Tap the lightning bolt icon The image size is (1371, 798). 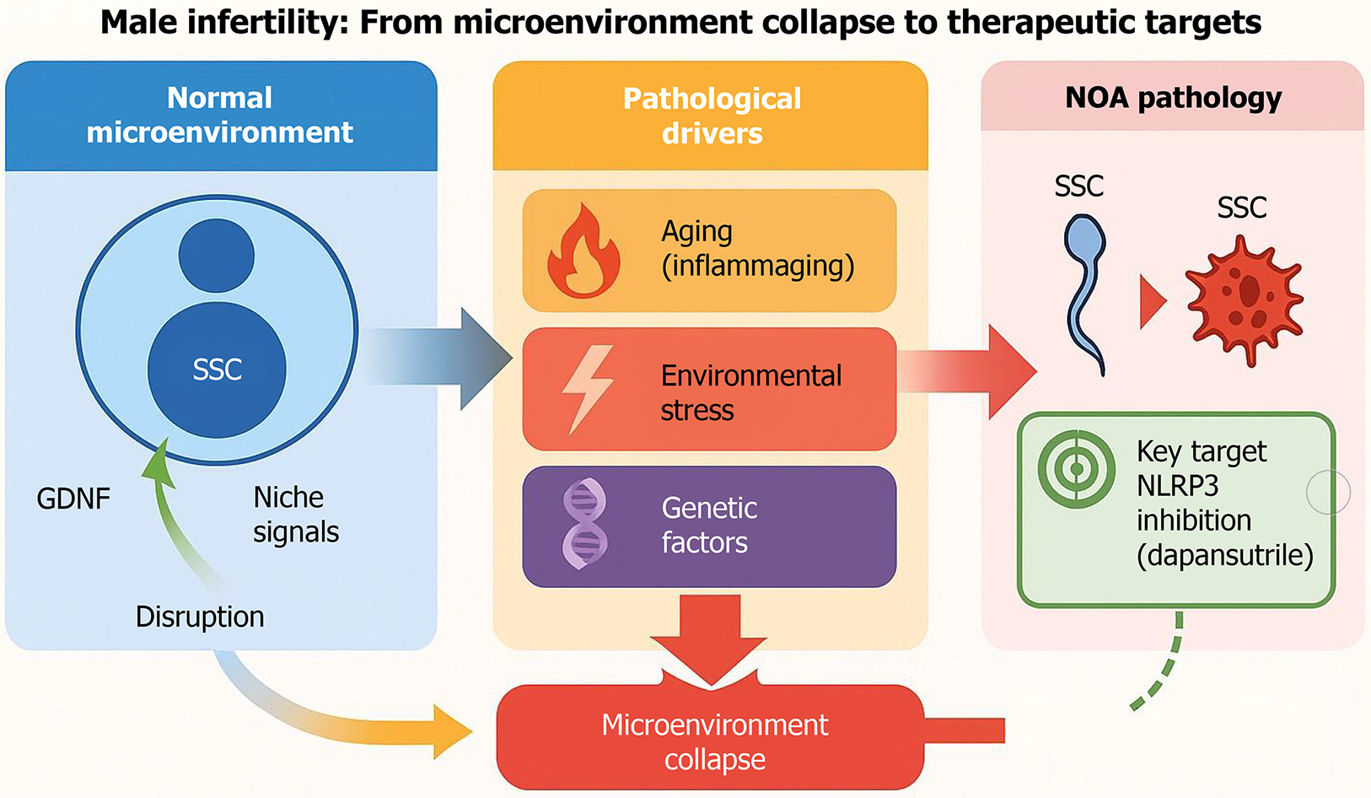tap(588, 389)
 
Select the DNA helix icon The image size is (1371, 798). tap(584, 525)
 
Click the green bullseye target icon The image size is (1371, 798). tap(1077, 469)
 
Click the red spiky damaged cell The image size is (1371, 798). tap(1245, 301)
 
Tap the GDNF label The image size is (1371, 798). tap(73, 499)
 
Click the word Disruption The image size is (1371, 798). tap(200, 617)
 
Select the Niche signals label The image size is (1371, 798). tap(296, 515)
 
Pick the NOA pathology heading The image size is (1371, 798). tap(1173, 98)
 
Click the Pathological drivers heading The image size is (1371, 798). tap(712, 116)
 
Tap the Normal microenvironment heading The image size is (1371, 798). tap(220, 115)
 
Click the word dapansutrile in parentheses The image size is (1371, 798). tap(1225, 556)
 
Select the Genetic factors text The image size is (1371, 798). tap(709, 525)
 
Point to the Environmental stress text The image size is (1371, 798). tap(750, 392)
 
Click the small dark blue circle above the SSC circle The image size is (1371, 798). tap(217, 256)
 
